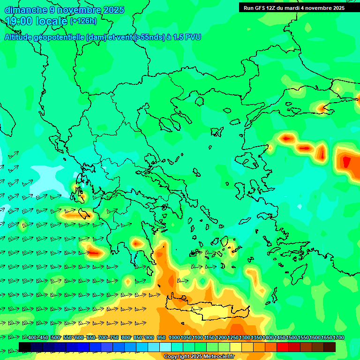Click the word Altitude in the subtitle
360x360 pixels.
[x=18, y=37]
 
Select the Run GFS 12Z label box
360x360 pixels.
[x=294, y=7]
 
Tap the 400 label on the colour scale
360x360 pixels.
[x=32, y=338]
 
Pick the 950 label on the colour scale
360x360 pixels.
[x=161, y=338]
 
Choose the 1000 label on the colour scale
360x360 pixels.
[x=174, y=338]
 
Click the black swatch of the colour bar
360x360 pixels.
[x=25, y=347]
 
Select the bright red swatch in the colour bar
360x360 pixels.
[x=283, y=347]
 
